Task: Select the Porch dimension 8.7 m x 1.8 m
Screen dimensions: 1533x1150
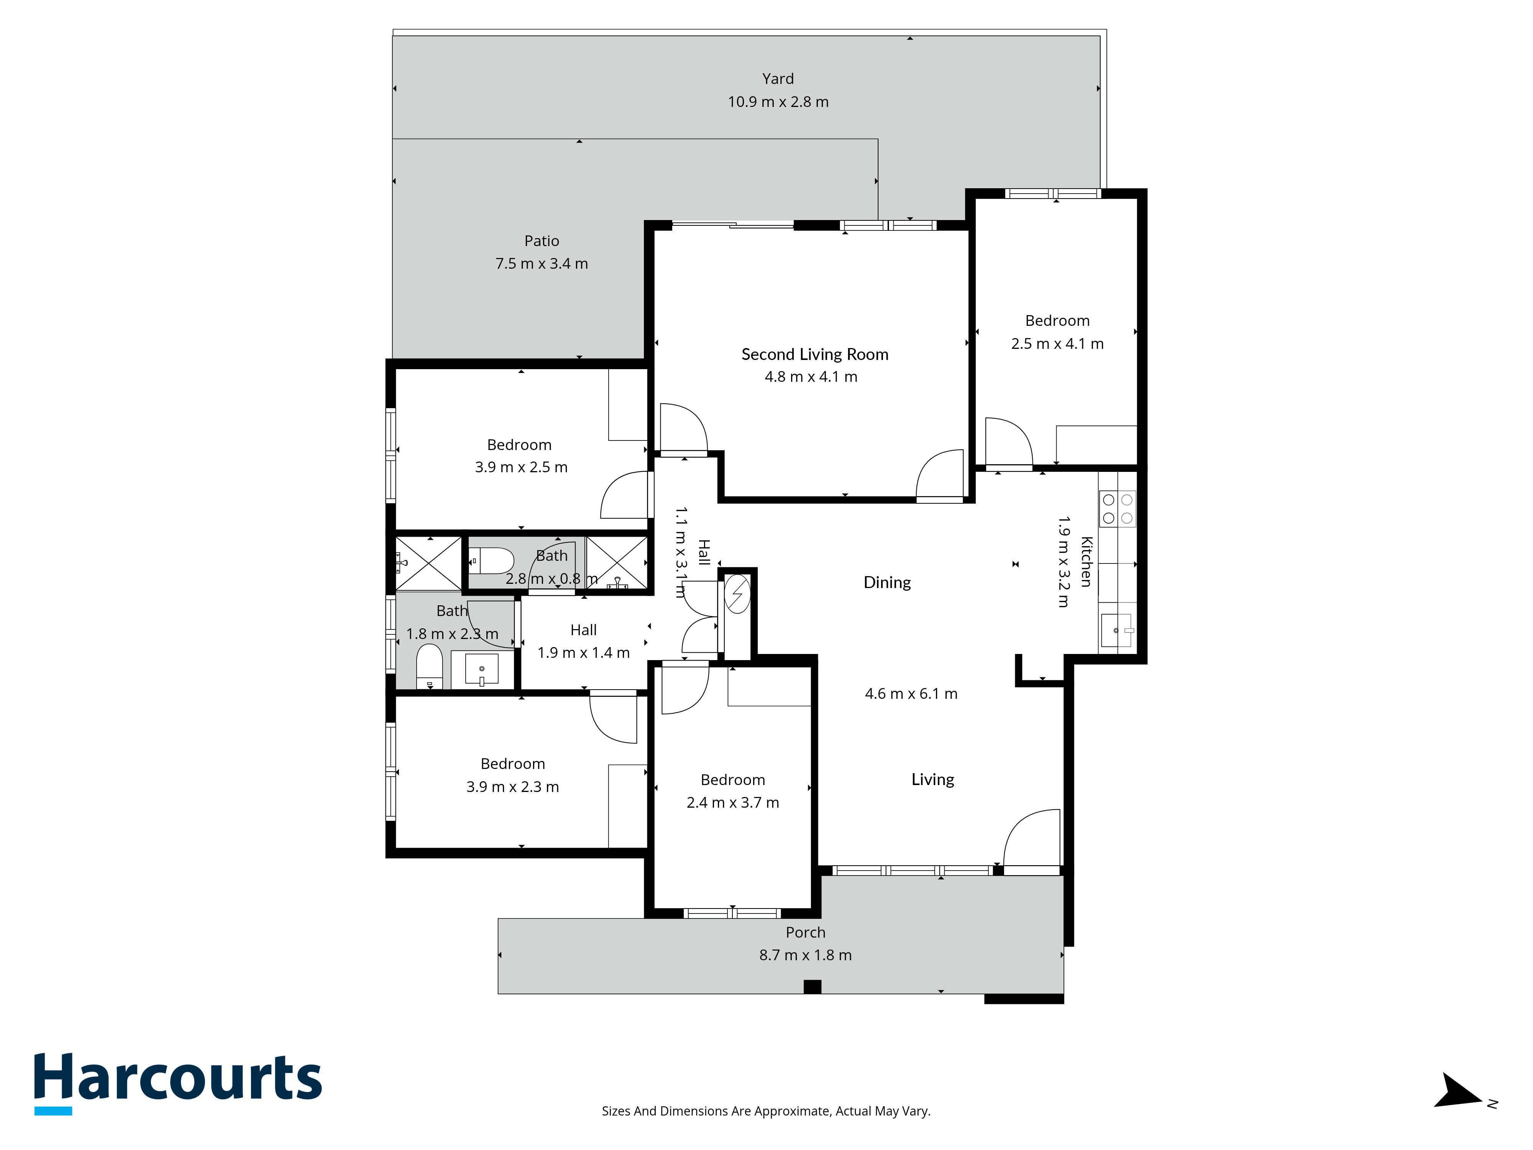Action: (805, 955)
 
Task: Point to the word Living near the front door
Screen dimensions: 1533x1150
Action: (933, 780)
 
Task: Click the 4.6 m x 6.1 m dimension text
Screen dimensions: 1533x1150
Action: (911, 694)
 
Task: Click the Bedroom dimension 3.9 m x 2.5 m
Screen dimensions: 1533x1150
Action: (521, 467)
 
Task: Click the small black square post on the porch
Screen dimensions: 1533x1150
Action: (812, 986)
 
